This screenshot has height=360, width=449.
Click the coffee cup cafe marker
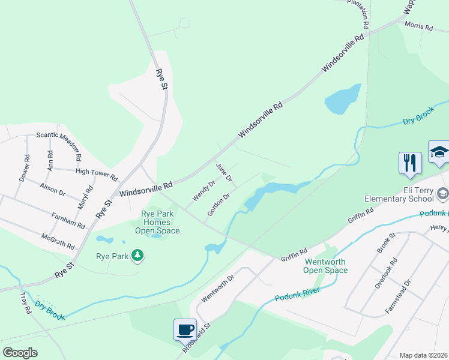coord(185,329)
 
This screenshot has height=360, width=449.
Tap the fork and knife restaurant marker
coord(409,163)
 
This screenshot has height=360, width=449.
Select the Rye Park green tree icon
coord(138,256)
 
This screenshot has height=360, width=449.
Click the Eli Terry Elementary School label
coord(399,199)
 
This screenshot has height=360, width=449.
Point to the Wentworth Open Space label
coord(326,266)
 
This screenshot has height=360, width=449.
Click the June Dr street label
coord(224,173)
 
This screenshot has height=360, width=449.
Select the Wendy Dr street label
coord(203,191)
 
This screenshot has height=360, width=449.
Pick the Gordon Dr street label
coord(218,205)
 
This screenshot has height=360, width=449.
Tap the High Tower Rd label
coord(97,174)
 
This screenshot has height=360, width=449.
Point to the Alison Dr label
coord(52,190)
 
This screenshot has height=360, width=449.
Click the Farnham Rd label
coord(68,220)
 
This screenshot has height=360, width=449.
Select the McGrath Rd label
coord(58,242)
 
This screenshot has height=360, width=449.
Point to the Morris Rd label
coord(418,26)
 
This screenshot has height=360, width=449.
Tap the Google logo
coord(20,353)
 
